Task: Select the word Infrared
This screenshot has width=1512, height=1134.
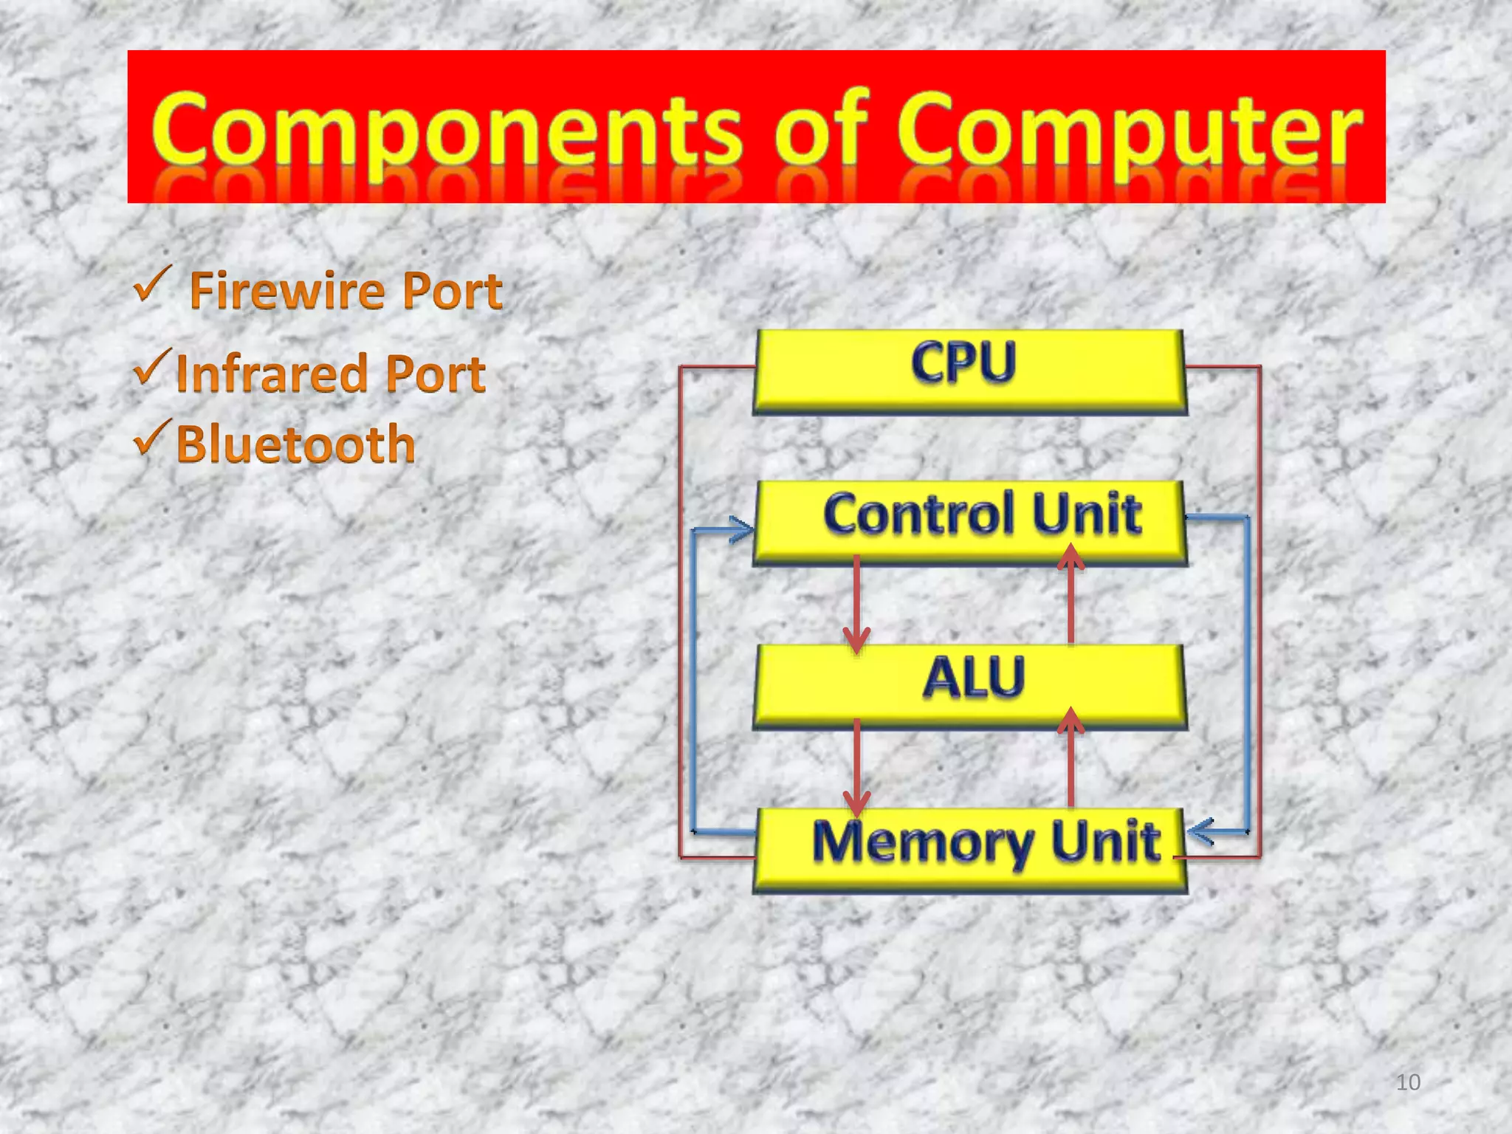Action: click(271, 374)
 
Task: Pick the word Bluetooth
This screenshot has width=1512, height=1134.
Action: click(295, 444)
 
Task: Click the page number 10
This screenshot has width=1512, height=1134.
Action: click(1408, 1082)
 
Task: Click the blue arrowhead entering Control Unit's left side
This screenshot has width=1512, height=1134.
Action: click(740, 529)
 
